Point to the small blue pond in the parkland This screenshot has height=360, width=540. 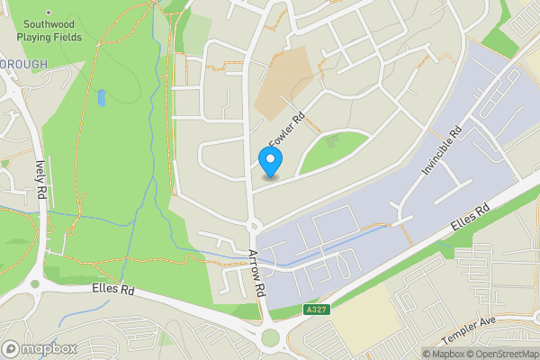click(x=101, y=97)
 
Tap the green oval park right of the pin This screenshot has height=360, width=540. click(x=332, y=150)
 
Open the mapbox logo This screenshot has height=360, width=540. click(x=38, y=348)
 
